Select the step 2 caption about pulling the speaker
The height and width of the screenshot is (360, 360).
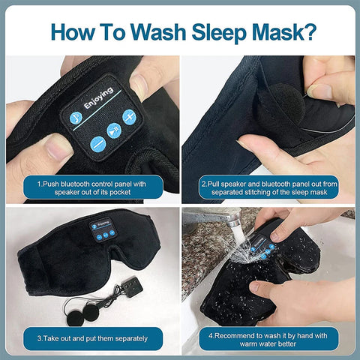coord(268,186)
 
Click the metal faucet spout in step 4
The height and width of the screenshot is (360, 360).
coord(226,220)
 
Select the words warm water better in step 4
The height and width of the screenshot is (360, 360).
coord(268,343)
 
